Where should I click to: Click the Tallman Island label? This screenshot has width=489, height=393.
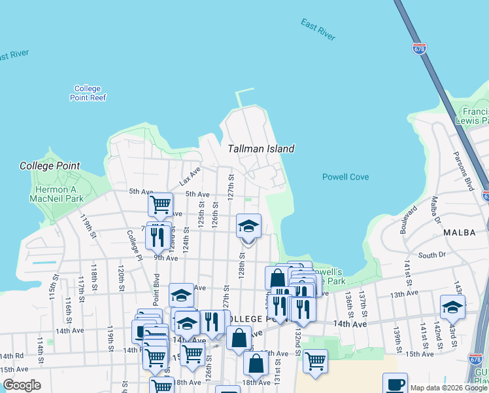point(261,149)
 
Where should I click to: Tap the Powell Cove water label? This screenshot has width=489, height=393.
point(345,177)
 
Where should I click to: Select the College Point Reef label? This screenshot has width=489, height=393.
point(88,93)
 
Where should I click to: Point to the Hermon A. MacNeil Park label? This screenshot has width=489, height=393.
point(59,194)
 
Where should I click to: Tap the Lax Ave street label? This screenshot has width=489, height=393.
point(190,175)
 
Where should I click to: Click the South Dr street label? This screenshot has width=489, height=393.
point(431,255)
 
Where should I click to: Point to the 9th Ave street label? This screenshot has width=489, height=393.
point(166,258)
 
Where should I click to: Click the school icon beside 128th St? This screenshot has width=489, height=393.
point(248,227)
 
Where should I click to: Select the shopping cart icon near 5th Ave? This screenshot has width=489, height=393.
point(160,204)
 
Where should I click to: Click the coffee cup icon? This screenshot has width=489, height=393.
point(395,384)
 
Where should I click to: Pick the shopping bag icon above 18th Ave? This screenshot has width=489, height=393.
point(256,363)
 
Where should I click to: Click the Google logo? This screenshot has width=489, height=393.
point(22,385)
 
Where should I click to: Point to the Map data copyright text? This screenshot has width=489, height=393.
point(448,388)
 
